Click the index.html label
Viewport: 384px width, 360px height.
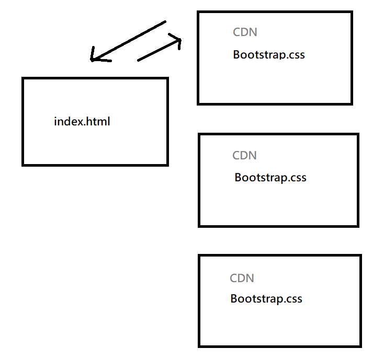click(x=82, y=122)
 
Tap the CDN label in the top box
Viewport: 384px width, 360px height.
click(x=245, y=32)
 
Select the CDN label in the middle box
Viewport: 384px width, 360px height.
click(x=244, y=155)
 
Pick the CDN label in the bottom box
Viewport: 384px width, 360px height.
click(x=242, y=278)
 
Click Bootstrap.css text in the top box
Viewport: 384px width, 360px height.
click(x=269, y=54)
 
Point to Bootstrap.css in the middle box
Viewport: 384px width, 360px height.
click(x=270, y=177)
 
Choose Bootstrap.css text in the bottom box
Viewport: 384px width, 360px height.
click(x=266, y=299)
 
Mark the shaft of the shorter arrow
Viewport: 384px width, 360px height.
click(x=157, y=51)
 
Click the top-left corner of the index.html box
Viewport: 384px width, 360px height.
click(x=23, y=78)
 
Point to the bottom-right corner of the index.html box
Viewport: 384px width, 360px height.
click(x=167, y=165)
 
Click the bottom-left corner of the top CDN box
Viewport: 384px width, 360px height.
click(x=199, y=103)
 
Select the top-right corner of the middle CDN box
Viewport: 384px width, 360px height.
click(x=357, y=135)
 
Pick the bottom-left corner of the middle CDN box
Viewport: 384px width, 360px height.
click(x=200, y=226)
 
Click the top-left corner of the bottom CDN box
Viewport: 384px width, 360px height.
click(x=200, y=256)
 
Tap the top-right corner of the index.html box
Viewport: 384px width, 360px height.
click(x=167, y=78)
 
